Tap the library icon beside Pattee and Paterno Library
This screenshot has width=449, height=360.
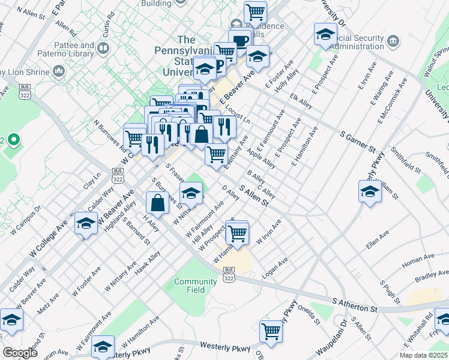tap(104, 47)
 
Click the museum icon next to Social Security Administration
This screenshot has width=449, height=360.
tap(394, 41)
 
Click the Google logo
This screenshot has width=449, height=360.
tap(20, 353)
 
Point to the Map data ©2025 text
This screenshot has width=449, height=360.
tap(423, 355)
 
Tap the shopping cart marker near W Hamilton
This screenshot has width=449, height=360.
tap(238, 232)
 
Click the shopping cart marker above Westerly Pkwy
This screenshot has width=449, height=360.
tap(271, 330)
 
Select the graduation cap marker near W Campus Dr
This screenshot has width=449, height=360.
tap(86, 223)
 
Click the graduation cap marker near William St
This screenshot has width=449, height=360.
tap(370, 191)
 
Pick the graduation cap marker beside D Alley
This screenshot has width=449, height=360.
tap(191, 193)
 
